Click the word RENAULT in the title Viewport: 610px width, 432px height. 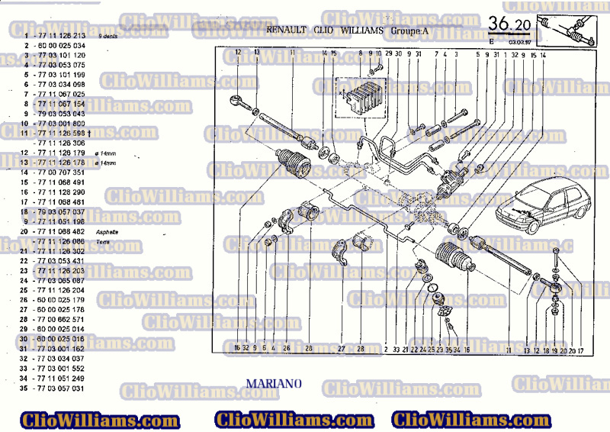[287, 31]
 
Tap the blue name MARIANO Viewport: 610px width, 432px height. [274, 381]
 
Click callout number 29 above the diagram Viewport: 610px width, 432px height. [388, 53]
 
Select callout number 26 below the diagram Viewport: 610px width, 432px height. [287, 348]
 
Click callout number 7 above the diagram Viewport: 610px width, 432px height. [437, 53]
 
